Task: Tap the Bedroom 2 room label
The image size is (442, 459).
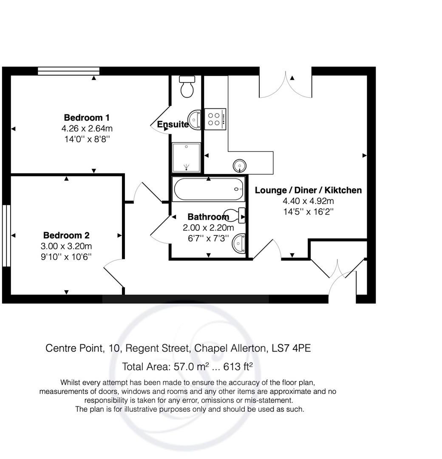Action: point(66,235)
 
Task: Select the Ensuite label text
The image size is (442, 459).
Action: point(173,125)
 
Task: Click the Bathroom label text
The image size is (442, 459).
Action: point(208,217)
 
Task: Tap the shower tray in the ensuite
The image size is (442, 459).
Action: point(186,157)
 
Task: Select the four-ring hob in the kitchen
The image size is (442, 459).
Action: point(215,119)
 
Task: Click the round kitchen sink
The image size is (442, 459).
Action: point(239,165)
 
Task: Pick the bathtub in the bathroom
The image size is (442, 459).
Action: point(208,190)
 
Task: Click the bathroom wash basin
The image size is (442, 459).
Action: point(240,244)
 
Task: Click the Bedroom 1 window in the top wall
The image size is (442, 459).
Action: point(68,71)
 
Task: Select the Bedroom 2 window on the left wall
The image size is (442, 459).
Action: point(6,236)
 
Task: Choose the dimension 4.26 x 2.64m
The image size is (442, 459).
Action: point(87,128)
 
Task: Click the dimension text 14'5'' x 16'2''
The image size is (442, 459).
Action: point(309,212)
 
